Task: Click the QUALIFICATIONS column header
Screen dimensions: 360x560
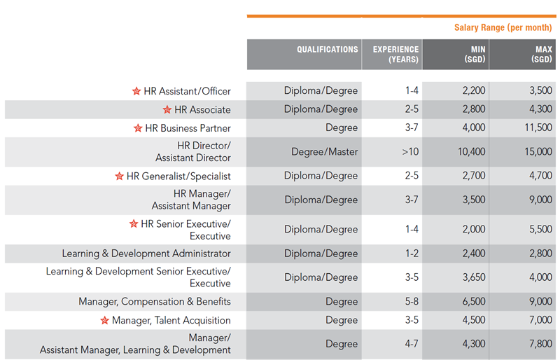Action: click(327, 50)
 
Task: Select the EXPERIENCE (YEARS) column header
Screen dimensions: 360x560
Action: click(395, 54)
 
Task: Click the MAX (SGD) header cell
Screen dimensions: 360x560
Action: click(541, 54)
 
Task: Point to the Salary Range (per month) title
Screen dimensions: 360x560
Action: click(503, 28)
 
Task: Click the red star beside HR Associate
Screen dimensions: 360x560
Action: click(167, 110)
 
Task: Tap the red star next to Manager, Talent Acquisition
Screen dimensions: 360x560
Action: click(104, 321)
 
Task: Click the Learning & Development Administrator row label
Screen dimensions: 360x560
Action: click(146, 254)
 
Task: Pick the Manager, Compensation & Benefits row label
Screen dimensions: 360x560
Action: click(155, 302)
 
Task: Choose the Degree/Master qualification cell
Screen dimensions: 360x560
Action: click(324, 152)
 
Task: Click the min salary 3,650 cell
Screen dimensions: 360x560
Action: click(472, 277)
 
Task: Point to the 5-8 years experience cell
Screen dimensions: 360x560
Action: click(411, 302)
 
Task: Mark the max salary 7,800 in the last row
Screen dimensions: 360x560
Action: click(540, 344)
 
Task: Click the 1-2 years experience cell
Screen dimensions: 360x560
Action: click(412, 254)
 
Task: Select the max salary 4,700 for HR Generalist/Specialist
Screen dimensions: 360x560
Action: click(540, 176)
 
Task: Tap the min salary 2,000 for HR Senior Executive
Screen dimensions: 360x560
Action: click(472, 230)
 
